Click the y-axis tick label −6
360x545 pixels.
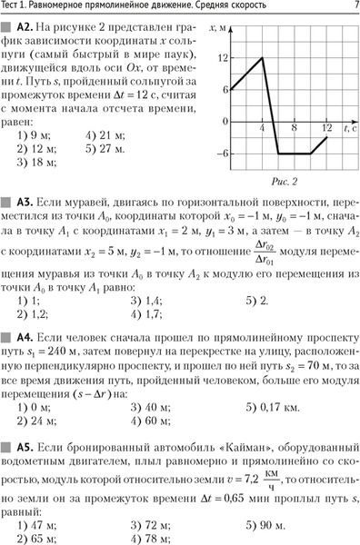coord(222,154)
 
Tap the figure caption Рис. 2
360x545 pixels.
coord(285,182)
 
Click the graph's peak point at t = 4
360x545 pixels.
coord(262,58)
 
